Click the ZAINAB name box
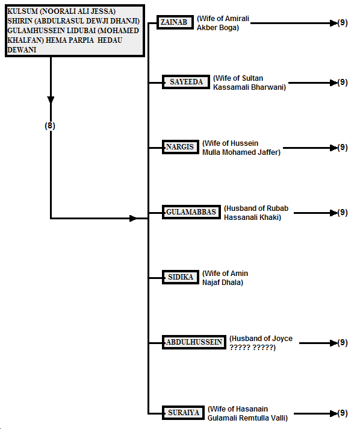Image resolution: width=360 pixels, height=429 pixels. pos(175,22)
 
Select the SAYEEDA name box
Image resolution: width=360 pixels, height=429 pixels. pos(186,82)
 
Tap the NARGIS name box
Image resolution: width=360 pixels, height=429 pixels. pos(181,147)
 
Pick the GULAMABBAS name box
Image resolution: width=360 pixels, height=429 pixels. pos(191,212)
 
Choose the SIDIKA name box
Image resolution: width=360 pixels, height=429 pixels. pos(181,277)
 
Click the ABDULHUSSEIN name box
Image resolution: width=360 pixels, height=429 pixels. pos(194,342)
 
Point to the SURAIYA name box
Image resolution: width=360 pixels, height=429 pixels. pos(183,413)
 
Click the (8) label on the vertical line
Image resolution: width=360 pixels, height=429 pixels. pos(50,125)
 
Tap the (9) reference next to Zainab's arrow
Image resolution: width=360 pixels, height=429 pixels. pos(343,23)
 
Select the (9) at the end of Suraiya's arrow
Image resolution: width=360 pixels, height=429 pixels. pos(343,413)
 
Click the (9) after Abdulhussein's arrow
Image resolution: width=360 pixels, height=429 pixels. pos(343,343)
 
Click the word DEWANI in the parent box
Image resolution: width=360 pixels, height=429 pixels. pos(22,50)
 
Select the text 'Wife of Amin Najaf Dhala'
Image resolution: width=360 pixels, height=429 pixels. pos(225,278)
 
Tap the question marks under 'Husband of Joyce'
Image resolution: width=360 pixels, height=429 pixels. pos(252,348)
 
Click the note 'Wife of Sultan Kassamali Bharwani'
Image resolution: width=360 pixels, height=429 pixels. pos(249,83)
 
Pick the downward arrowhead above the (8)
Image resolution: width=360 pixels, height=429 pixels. pos(51,100)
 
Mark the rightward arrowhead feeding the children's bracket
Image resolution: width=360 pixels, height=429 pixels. pos(133,218)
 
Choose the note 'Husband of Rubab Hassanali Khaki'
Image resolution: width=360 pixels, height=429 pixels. pos(256,213)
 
